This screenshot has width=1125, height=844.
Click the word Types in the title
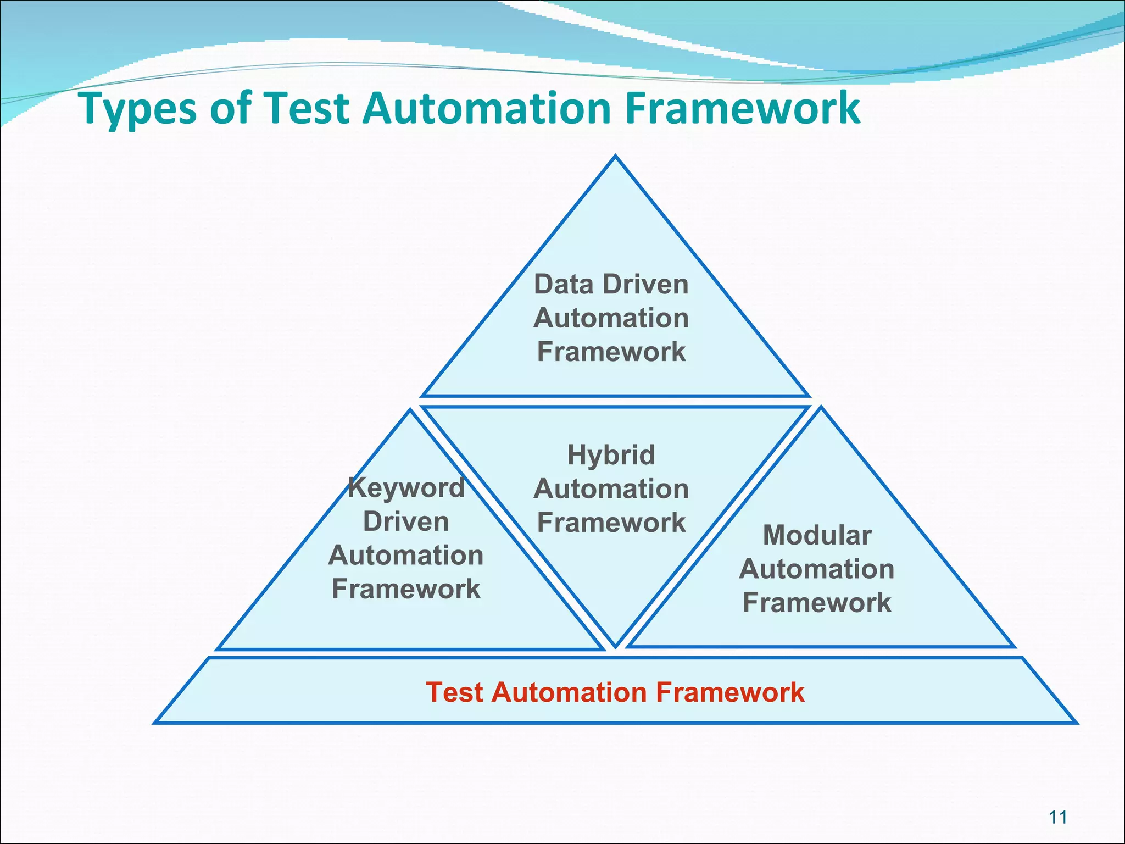(138, 108)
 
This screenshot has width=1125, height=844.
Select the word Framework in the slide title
(742, 108)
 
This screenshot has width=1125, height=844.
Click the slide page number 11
(1057, 818)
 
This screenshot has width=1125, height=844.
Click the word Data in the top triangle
(564, 285)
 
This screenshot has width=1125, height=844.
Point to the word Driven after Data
(645, 285)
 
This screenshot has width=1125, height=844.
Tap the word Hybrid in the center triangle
(611, 455)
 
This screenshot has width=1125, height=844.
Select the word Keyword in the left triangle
(406, 488)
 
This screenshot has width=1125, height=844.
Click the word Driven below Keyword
(406, 521)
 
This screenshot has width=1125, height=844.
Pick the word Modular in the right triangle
(817, 535)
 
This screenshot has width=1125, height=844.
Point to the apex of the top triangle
(615, 157)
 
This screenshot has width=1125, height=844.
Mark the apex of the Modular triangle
(821, 408)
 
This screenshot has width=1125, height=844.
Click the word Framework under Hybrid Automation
(611, 523)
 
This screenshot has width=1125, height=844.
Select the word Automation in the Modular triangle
(817, 569)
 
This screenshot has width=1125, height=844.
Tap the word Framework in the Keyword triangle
(406, 589)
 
